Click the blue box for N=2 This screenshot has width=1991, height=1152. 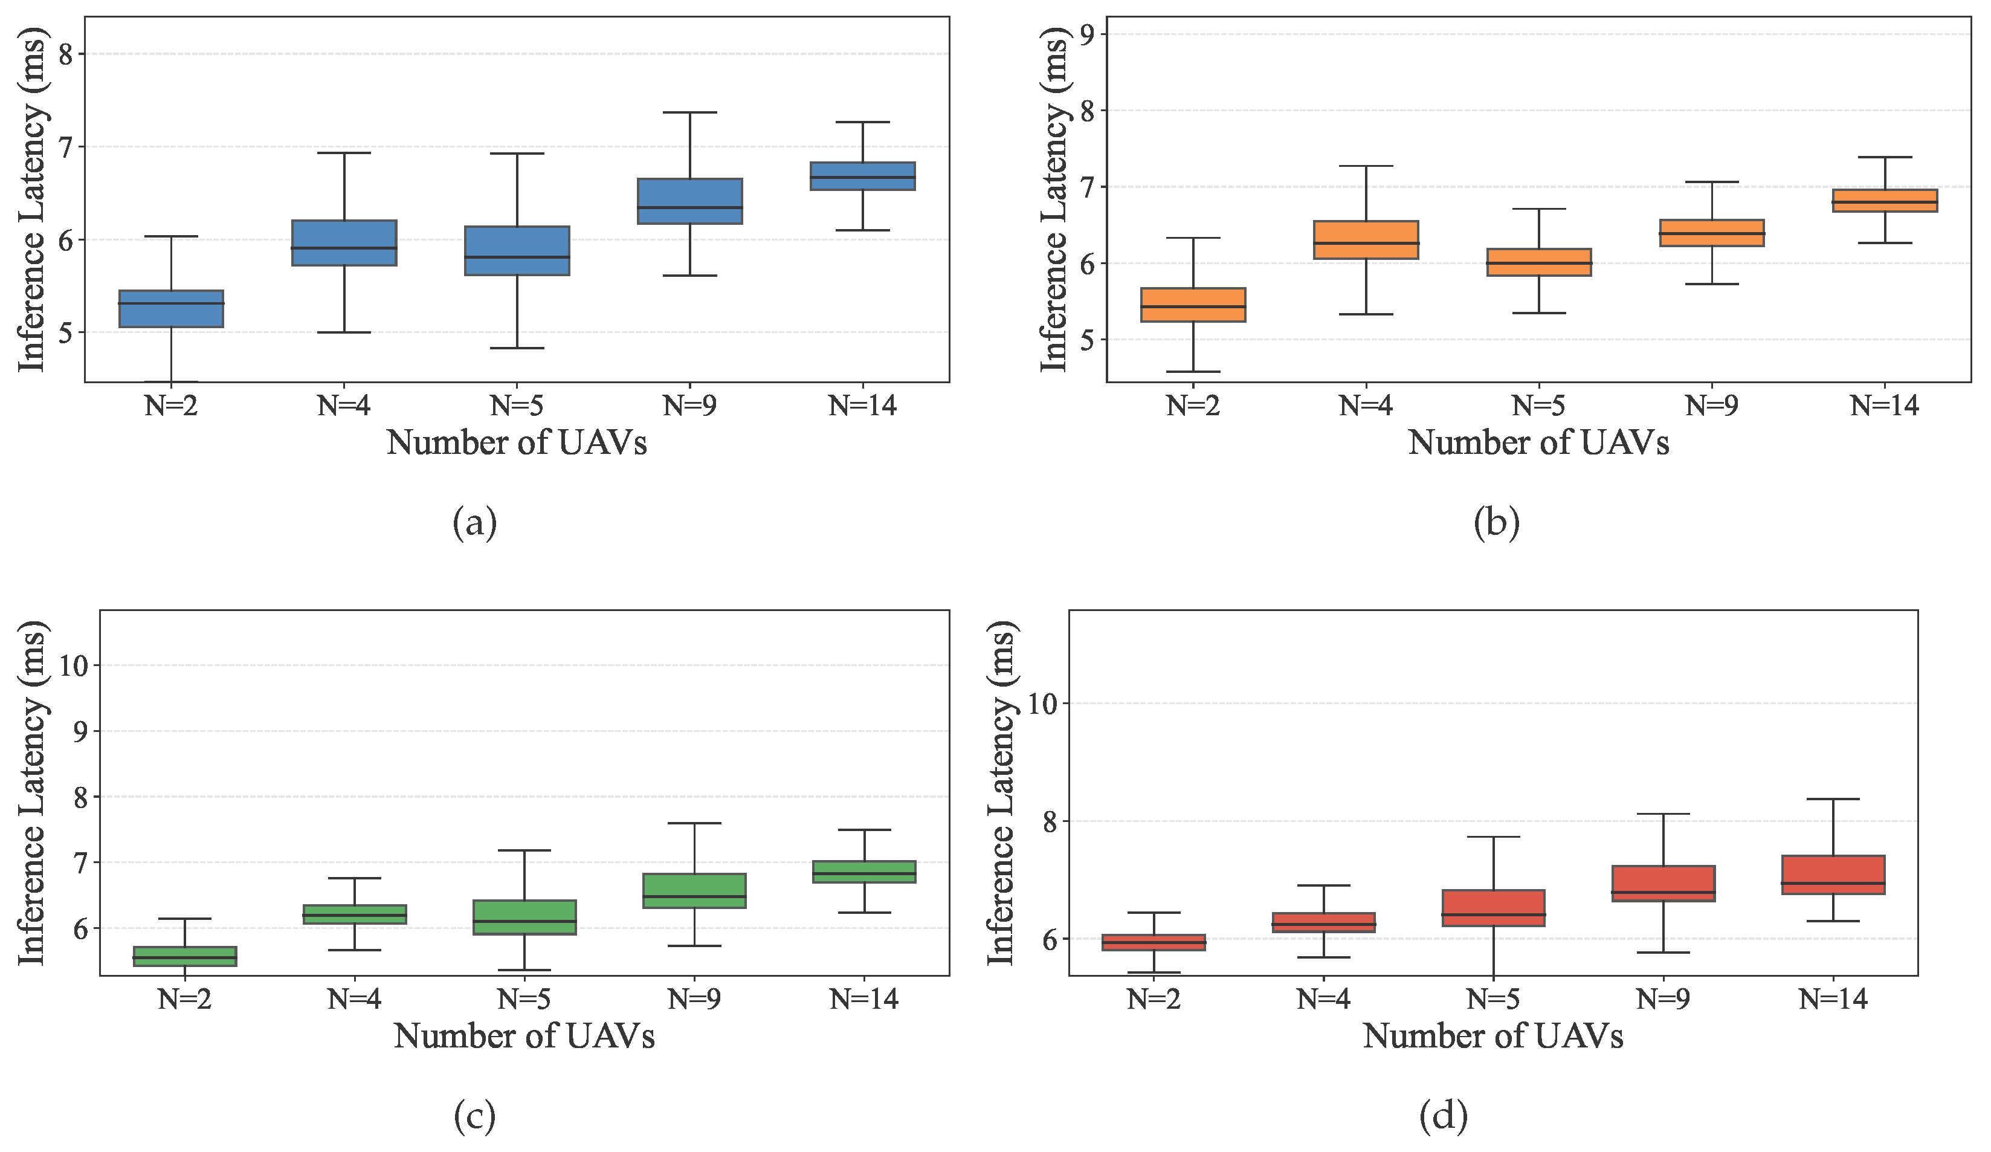click(x=170, y=309)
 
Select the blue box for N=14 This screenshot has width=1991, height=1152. click(x=862, y=176)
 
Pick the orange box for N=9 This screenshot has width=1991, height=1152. click(x=1711, y=233)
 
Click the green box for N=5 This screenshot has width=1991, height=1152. click(x=524, y=917)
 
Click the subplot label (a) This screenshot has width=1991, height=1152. click(x=475, y=523)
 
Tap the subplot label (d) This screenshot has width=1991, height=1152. click(x=1443, y=1116)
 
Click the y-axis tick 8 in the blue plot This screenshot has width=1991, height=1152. click(x=66, y=54)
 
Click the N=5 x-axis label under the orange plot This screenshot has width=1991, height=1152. click(x=1538, y=406)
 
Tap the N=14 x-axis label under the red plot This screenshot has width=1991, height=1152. click(x=1833, y=1000)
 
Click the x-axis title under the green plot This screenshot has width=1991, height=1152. click(x=524, y=1036)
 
